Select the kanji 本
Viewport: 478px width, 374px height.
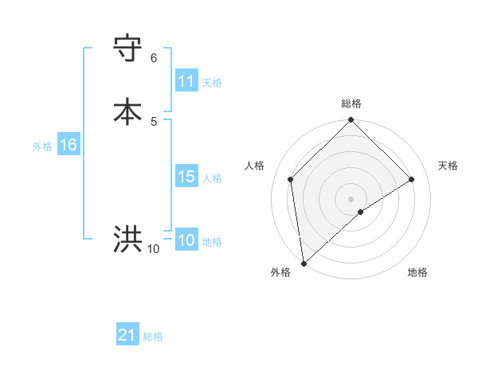coord(128,111)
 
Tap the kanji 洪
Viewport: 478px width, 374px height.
coord(128,239)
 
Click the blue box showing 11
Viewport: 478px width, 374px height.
coord(186,81)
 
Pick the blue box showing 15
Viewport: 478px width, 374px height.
coord(186,177)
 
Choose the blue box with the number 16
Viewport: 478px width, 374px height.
coord(68,145)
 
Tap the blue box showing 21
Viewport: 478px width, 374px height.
coord(127,335)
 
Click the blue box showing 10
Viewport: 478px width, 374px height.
coord(186,240)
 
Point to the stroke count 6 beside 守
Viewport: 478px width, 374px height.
coord(154,57)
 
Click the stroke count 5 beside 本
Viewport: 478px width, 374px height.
coord(154,121)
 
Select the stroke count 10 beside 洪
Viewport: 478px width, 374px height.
coord(153,249)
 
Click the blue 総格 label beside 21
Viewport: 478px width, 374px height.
coord(153,337)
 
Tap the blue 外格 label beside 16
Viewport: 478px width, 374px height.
coord(42,146)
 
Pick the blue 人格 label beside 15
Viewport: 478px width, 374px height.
coord(212,178)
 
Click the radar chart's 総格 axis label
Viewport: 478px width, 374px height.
coord(351,104)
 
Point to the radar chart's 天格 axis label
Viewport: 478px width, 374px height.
coord(449,166)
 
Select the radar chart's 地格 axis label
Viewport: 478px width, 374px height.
coord(417,272)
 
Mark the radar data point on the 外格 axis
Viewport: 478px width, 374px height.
coord(303,263)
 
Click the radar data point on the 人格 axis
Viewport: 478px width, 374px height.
coord(291,179)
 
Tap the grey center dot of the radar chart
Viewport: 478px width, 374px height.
coord(351,198)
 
